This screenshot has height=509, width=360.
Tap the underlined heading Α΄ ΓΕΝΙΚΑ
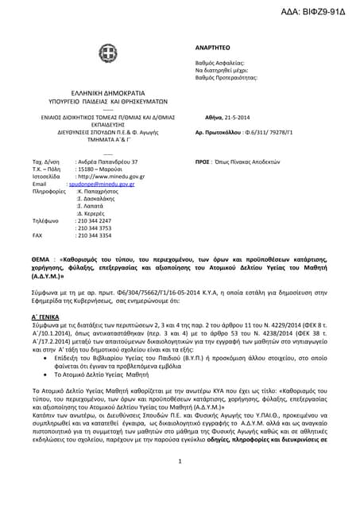click(49, 316)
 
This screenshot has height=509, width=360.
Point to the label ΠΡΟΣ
click(203, 161)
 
